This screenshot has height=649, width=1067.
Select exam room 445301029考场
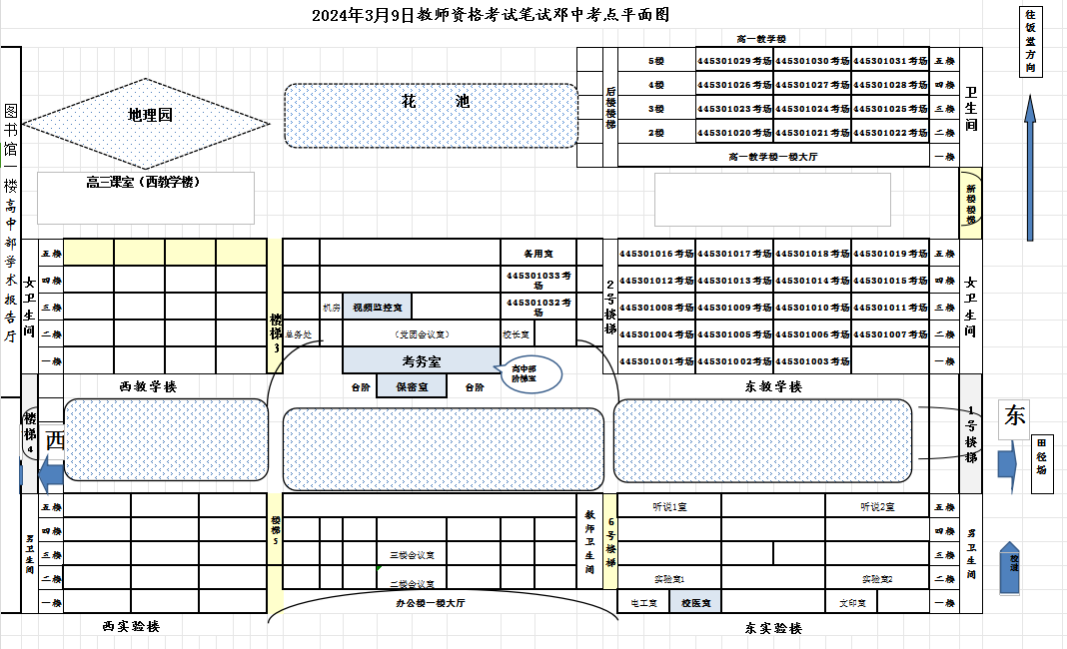[735, 61]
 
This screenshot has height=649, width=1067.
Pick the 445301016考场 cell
[656, 255]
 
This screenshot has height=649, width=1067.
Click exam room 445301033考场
[538, 280]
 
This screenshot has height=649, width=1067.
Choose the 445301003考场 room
[813, 360]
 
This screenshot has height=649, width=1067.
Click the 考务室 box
[422, 360]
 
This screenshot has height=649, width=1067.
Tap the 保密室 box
[412, 386]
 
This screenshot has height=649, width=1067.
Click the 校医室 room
[695, 602]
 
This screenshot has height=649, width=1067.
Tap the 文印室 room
[851, 602]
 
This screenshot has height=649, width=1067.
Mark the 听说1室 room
[669, 506]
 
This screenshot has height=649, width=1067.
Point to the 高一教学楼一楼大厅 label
[773, 156]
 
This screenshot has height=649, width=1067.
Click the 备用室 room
[538, 254]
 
